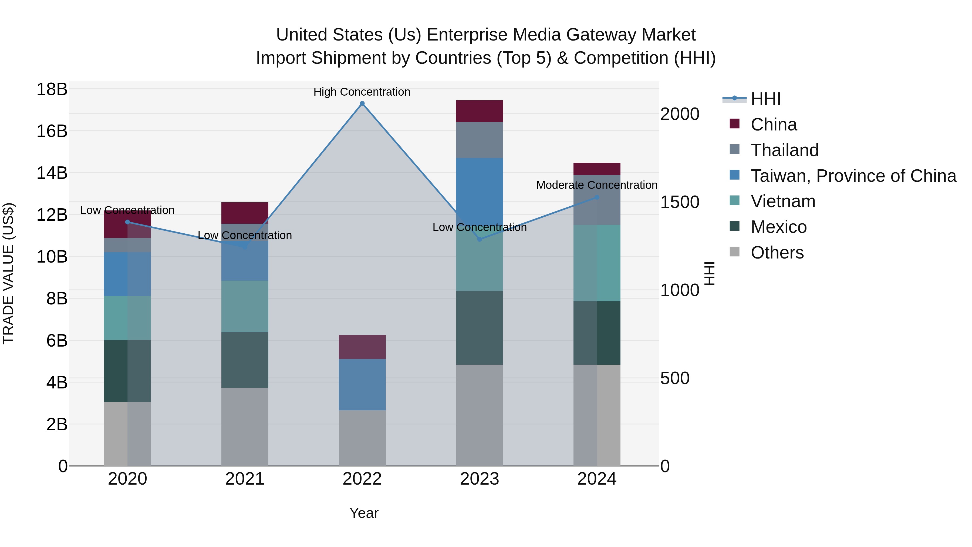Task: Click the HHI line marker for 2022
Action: pyautogui.click(x=362, y=103)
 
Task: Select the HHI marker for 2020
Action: pyautogui.click(x=127, y=222)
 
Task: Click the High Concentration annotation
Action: pyautogui.click(x=362, y=92)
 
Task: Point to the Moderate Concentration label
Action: pyautogui.click(x=596, y=185)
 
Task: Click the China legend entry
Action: pyautogui.click(x=774, y=125)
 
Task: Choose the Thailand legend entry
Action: pyautogui.click(x=784, y=150)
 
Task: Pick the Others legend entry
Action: pyautogui.click(x=777, y=253)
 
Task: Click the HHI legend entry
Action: pyautogui.click(x=765, y=99)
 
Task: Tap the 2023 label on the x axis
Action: pyautogui.click(x=479, y=479)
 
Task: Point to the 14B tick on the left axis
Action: pyautogui.click(x=52, y=173)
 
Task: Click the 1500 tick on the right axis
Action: pyautogui.click(x=680, y=202)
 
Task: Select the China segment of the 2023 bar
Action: pyautogui.click(x=479, y=111)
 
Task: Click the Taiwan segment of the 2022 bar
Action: pyautogui.click(x=362, y=384)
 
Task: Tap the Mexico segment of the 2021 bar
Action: pyautogui.click(x=245, y=360)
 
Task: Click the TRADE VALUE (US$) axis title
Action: pyautogui.click(x=8, y=273)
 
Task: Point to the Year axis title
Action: pyautogui.click(x=364, y=513)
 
